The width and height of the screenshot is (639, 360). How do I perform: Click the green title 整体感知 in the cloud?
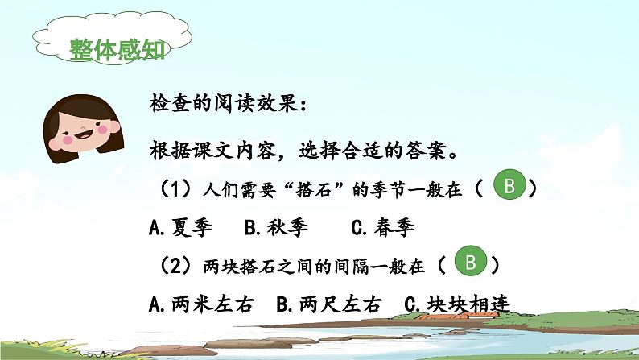coord(117,50)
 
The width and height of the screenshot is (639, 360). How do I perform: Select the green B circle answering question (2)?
coord(470,261)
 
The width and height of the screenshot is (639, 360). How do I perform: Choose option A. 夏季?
coord(180,227)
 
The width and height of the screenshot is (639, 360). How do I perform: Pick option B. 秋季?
coord(276,227)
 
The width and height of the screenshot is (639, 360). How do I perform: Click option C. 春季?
coord(382,227)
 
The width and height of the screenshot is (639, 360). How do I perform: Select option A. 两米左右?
coord(202,304)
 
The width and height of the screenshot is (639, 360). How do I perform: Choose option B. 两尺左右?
coord(329,304)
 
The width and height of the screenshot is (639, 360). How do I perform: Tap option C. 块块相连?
coord(457,304)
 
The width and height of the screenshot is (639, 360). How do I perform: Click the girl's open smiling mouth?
coord(85,134)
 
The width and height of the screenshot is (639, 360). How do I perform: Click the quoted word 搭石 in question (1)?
coord(313,190)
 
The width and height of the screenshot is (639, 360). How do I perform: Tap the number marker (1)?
coord(175,189)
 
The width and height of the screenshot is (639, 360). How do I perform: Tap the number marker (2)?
coord(175,266)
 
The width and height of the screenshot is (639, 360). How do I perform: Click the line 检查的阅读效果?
coord(229,103)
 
